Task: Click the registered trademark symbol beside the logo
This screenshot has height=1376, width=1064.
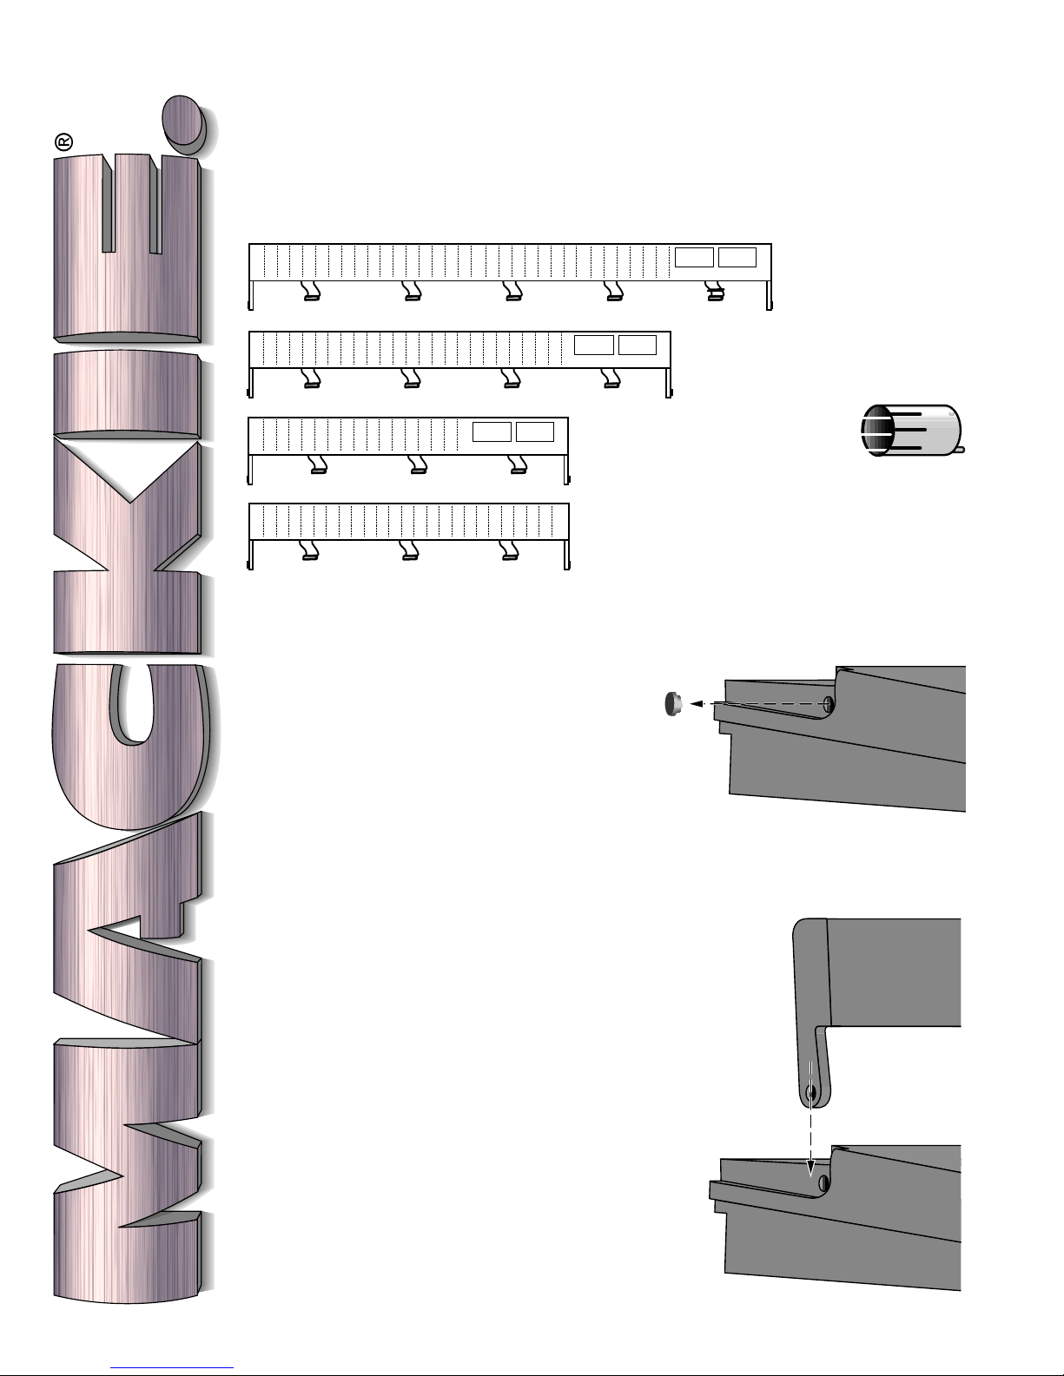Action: (64, 142)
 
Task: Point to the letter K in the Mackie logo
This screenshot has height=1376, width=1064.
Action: (128, 548)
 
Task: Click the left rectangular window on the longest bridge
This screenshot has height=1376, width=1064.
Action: (694, 258)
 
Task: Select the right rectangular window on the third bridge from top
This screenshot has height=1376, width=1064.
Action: (535, 431)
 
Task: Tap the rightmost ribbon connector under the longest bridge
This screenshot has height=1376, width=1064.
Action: (715, 292)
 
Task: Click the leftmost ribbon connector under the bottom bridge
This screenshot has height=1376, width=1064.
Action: (310, 550)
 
